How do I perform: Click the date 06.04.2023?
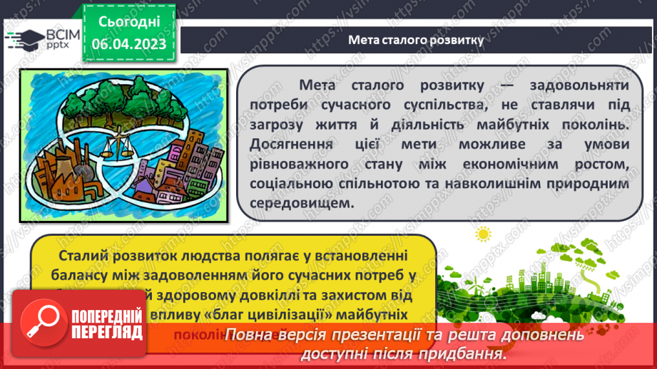(129, 44)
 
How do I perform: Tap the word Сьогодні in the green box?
(129, 23)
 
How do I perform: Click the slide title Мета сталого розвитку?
(415, 40)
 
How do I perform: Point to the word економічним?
(519, 165)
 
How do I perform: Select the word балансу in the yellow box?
(75, 275)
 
